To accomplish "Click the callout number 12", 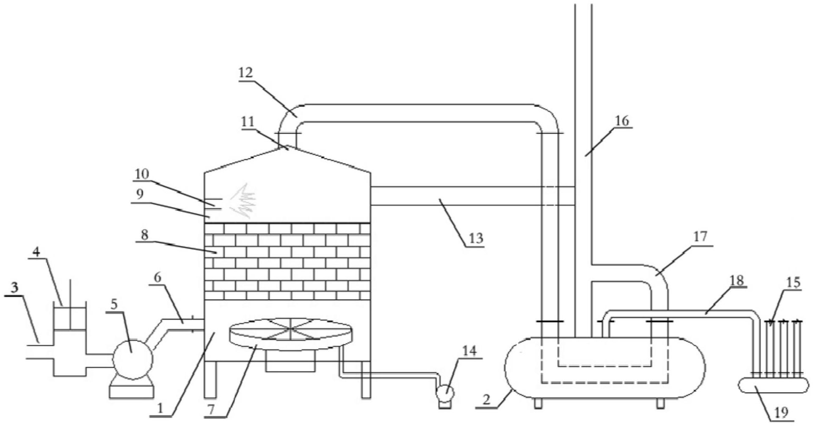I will [246, 72].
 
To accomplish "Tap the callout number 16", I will [622, 121].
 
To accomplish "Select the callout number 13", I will [476, 238].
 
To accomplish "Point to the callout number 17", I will [701, 236].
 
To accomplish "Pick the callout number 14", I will [470, 351].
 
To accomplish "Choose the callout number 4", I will [37, 253].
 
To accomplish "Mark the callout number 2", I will [486, 399].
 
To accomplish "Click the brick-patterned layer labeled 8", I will [288, 261].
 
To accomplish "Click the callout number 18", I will [737, 280].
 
